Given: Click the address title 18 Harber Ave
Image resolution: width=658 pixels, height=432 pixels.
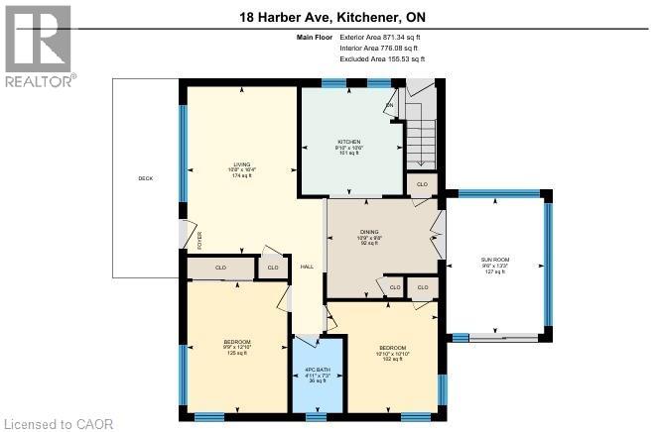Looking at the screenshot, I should pyautogui.click(x=327, y=17).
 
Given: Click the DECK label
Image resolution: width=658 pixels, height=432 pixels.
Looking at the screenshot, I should pyautogui.click(x=144, y=178).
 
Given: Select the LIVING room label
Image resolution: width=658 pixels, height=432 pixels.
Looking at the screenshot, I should pyautogui.click(x=241, y=164).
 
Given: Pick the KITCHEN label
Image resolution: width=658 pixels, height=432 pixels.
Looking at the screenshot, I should pyautogui.click(x=348, y=142).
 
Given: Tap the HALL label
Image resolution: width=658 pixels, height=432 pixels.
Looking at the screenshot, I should pyautogui.click(x=308, y=266).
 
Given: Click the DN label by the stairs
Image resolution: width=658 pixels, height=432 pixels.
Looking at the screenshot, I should pyautogui.click(x=390, y=105).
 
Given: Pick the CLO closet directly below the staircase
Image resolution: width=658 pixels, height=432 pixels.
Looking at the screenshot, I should pyautogui.click(x=421, y=184).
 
